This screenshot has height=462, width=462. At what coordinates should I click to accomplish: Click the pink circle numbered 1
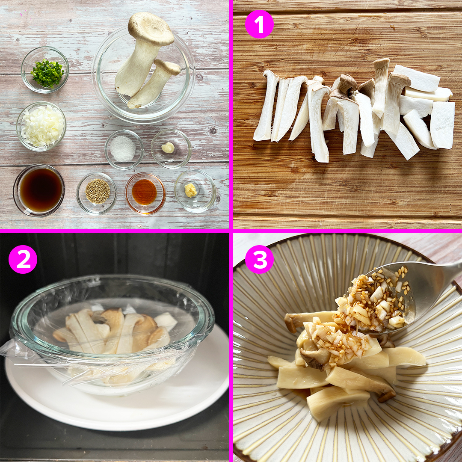click(259, 24)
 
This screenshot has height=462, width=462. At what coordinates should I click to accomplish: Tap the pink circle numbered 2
click(23, 259)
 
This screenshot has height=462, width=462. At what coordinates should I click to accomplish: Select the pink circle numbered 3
click(259, 259)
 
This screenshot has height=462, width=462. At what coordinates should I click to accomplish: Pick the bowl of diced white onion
click(41, 126)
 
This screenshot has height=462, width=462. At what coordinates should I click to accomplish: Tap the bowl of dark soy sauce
click(39, 190)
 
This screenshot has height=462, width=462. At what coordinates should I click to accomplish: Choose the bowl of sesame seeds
click(97, 192)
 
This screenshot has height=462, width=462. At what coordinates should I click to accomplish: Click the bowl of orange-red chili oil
click(145, 193)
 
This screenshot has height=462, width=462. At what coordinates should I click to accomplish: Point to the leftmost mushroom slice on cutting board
click(265, 107)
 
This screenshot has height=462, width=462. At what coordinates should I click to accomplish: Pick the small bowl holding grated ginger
click(195, 190)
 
